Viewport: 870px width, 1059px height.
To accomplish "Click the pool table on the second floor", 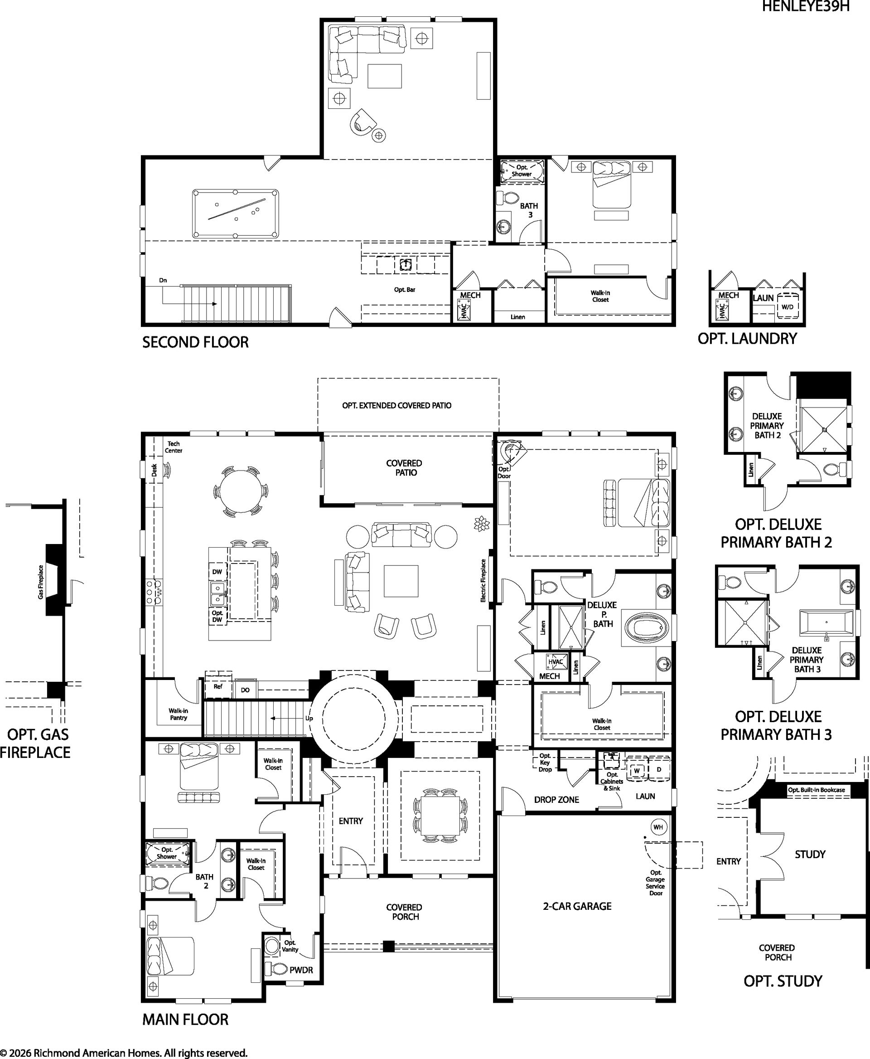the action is pyautogui.click(x=236, y=214).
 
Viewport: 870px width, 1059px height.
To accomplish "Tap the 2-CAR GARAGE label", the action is pyautogui.click(x=577, y=906).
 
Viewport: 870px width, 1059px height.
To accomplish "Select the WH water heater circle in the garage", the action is pyautogui.click(x=658, y=827).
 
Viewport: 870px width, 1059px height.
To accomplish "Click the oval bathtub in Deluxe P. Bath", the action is pyautogui.click(x=647, y=627).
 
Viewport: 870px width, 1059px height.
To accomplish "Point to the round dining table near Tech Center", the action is pyautogui.click(x=241, y=491).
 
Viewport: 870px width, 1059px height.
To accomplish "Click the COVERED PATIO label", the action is pyautogui.click(x=405, y=468).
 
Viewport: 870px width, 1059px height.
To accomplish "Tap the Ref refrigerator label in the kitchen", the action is pyautogui.click(x=218, y=686).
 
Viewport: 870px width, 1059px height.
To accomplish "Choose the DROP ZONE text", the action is pyautogui.click(x=556, y=800).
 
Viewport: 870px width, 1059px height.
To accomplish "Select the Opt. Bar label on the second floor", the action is pyautogui.click(x=405, y=289).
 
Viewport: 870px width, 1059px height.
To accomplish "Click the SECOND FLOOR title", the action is pyautogui.click(x=195, y=342).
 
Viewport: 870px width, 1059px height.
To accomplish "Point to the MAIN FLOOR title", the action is pyautogui.click(x=185, y=1019).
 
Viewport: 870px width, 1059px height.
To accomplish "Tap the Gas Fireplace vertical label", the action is pyautogui.click(x=41, y=582).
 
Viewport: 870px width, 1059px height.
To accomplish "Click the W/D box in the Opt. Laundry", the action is pyautogui.click(x=788, y=307).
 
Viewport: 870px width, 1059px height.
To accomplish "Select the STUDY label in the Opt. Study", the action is pyautogui.click(x=810, y=854).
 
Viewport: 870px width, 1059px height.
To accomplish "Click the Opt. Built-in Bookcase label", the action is pyautogui.click(x=817, y=790).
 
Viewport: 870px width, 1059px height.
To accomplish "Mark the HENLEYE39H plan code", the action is pyautogui.click(x=805, y=6).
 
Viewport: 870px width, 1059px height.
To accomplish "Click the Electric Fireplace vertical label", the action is pyautogui.click(x=483, y=580).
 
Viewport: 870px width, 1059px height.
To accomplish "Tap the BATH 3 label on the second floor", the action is pyautogui.click(x=529, y=210).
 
